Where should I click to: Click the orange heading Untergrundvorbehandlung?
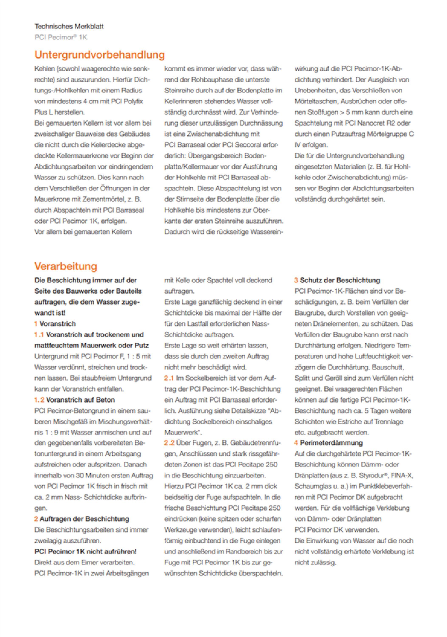99,55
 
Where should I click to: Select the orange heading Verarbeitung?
66,266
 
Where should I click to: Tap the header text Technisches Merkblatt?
69,27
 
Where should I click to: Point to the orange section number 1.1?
39,335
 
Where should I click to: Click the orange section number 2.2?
169,443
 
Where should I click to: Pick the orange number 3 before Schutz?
296,280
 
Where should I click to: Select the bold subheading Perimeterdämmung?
331,443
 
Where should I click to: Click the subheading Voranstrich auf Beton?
80,400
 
